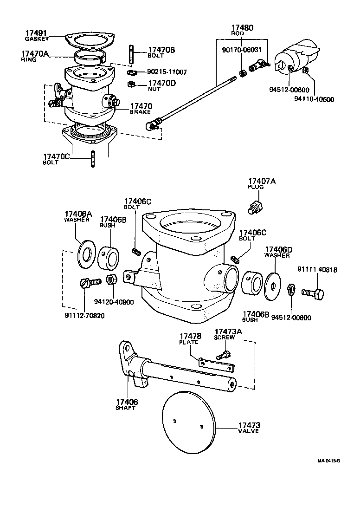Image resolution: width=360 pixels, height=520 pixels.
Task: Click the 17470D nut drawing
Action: [131, 84]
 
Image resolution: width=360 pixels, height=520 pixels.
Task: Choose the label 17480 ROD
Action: [242, 30]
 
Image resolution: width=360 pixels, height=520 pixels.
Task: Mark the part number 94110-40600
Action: [314, 99]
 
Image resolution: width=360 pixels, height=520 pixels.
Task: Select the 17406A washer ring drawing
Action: [86, 253]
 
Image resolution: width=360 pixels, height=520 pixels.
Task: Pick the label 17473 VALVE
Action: [249, 427]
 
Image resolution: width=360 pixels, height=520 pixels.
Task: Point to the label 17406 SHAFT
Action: [127, 404]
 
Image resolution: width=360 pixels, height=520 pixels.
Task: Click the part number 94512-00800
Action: [291, 318]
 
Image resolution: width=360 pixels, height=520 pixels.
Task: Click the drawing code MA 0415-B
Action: [329, 461]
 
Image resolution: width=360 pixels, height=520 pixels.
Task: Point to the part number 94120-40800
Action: [114, 302]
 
